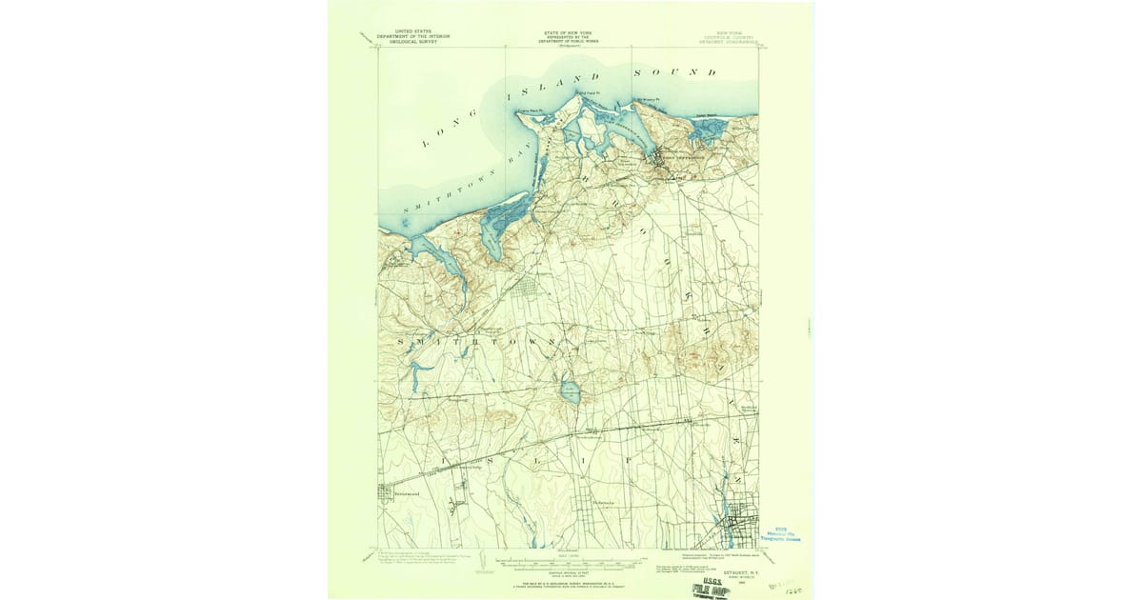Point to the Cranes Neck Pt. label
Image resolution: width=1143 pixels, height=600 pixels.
529,111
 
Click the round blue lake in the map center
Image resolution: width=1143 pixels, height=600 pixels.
570,390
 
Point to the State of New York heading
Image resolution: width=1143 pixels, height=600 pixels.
568,34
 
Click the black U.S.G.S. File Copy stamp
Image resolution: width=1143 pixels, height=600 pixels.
712,588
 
